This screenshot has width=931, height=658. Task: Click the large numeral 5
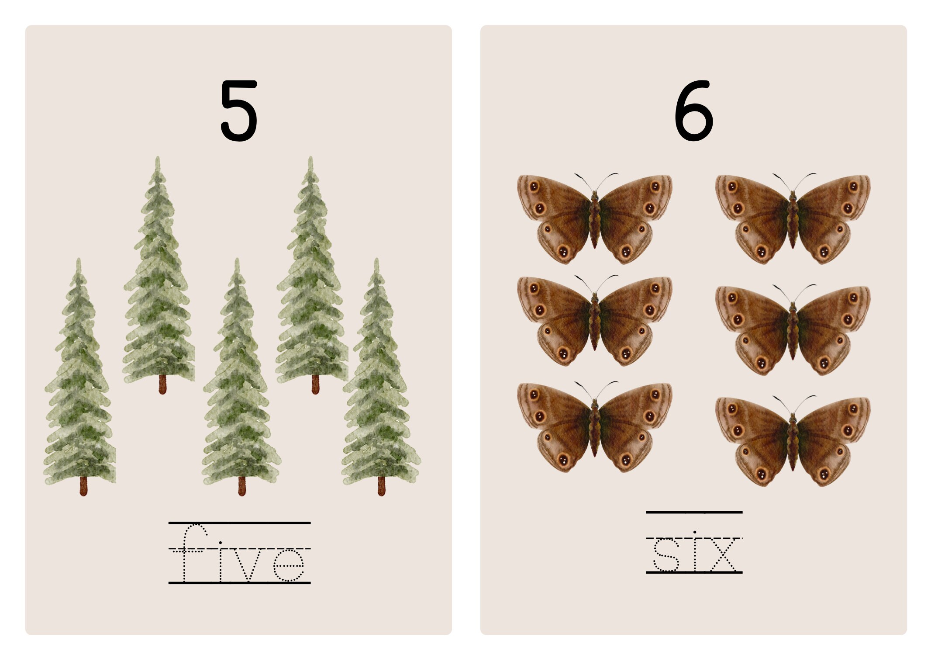coord(238,111)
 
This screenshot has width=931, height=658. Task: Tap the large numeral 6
coord(693,111)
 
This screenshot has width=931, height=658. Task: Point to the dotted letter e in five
coord(288,565)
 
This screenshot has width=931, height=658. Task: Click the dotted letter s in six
coord(665,555)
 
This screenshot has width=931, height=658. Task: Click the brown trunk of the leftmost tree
coord(83,486)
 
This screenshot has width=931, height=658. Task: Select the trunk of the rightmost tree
coord(381,486)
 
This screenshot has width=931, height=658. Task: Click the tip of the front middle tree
coord(237,262)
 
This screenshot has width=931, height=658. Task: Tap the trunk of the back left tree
coord(162,384)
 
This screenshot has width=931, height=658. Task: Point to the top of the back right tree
coord(310,161)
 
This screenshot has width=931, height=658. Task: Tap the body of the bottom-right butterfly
coord(793,441)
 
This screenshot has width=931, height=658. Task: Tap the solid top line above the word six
coord(694,512)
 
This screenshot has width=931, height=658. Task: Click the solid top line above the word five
coord(239,523)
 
